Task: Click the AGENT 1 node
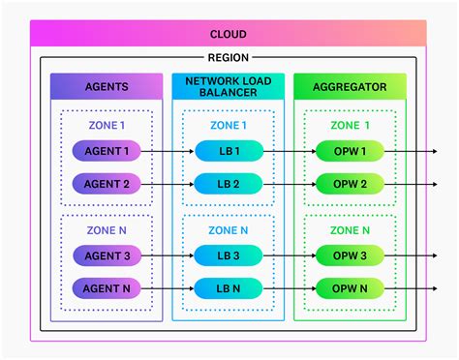pyautogui.click(x=107, y=151)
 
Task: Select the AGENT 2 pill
pyautogui.click(x=107, y=183)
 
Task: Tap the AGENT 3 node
pyautogui.click(x=107, y=255)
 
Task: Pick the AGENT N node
pyautogui.click(x=107, y=287)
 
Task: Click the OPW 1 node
pyautogui.click(x=350, y=151)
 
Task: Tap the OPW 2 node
pyautogui.click(x=350, y=183)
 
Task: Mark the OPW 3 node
pyautogui.click(x=350, y=255)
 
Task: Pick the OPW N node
pyautogui.click(x=350, y=287)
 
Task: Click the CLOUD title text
pyautogui.click(x=228, y=34)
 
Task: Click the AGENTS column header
pyautogui.click(x=107, y=86)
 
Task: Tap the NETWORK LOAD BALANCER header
pyautogui.click(x=229, y=86)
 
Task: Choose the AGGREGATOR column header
pyautogui.click(x=350, y=86)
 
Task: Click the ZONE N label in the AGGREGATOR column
pyautogui.click(x=350, y=230)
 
